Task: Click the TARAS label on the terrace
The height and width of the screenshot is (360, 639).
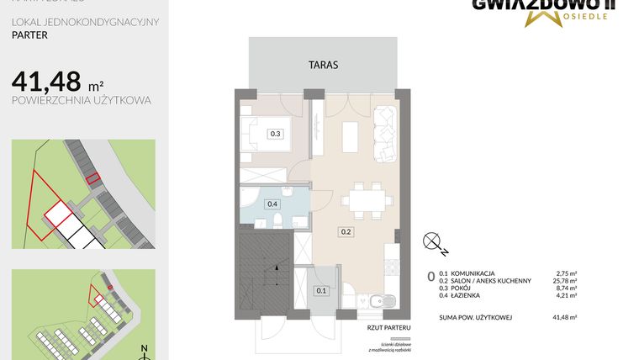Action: (x=322, y=63)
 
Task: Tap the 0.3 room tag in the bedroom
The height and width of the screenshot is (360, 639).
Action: (x=275, y=133)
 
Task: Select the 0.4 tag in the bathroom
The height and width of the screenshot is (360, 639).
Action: (x=272, y=204)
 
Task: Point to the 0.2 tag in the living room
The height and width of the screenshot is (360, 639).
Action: (x=346, y=231)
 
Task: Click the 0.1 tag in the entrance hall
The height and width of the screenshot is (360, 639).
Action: (x=320, y=291)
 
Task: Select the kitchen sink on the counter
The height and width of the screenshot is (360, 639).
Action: (x=391, y=301)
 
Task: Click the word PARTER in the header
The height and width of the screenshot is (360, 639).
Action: (x=29, y=36)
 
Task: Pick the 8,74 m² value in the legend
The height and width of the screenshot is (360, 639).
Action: (x=570, y=289)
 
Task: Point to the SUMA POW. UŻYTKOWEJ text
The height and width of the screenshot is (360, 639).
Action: (x=475, y=317)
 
